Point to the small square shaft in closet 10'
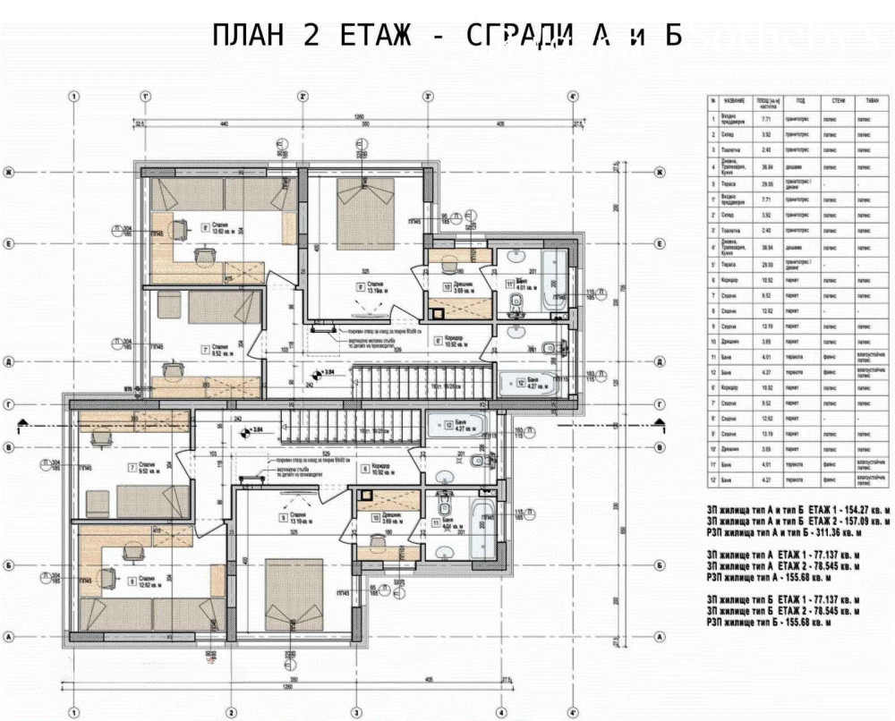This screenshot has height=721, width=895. point(437,313)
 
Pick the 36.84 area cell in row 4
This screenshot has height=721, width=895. point(763,165)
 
